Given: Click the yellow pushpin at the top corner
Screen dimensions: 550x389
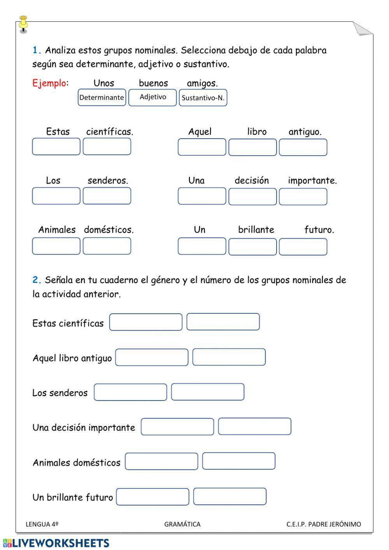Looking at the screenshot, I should (x=23, y=23).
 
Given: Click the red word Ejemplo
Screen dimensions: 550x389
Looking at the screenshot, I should (x=49, y=83).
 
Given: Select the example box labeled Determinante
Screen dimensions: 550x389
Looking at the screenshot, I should (x=102, y=97).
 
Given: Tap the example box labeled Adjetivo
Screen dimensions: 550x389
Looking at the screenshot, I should (x=152, y=97).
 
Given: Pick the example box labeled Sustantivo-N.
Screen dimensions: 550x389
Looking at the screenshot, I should (x=203, y=98).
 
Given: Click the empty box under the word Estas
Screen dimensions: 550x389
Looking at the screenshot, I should (x=56, y=147).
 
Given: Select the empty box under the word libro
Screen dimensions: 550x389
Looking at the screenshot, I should (x=252, y=147).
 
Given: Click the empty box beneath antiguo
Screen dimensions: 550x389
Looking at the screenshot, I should (x=303, y=147).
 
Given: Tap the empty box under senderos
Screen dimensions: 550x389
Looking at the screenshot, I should (x=107, y=196).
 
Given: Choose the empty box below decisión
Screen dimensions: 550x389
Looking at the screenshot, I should (x=252, y=197).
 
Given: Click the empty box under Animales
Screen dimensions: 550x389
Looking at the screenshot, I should (x=56, y=246).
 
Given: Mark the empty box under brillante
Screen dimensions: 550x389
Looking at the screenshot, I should (x=252, y=247).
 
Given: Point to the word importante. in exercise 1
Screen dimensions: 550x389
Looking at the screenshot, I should (x=312, y=181).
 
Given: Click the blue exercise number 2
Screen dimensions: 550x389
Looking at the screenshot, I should (x=37, y=280).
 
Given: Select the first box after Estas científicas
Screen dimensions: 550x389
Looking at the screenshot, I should (x=145, y=322).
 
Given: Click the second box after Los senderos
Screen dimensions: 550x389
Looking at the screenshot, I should (x=208, y=392).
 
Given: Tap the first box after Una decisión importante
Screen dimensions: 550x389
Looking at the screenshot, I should (x=177, y=427).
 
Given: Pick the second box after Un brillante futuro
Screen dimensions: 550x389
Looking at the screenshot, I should (x=230, y=497).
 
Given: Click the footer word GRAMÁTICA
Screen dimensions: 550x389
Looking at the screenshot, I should (x=182, y=524).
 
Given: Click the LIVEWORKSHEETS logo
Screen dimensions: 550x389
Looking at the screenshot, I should (x=56, y=543).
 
